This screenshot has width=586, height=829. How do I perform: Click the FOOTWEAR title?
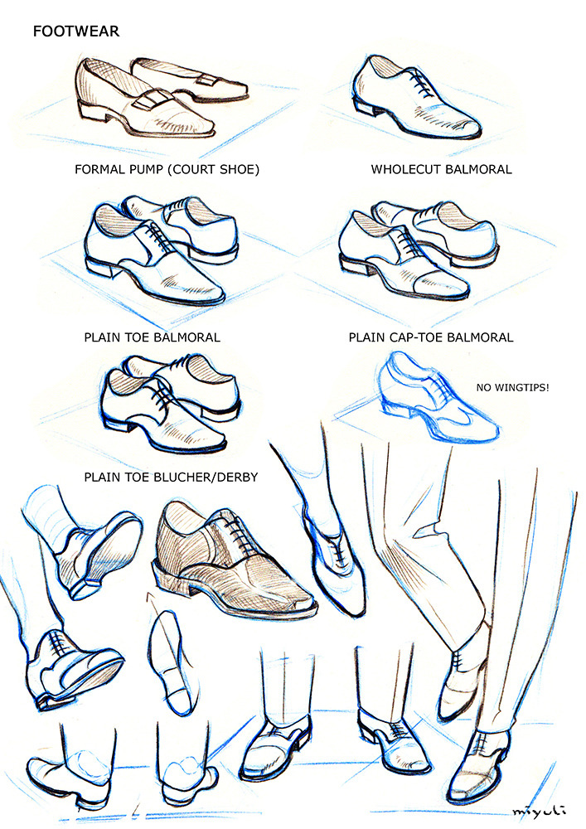pyautogui.click(x=76, y=32)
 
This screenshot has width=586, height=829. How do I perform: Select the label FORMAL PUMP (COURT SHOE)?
pyautogui.click(x=167, y=170)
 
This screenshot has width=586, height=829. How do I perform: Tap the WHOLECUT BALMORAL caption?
pyautogui.click(x=441, y=170)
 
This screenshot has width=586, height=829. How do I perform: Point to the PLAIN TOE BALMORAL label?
pyautogui.click(x=153, y=337)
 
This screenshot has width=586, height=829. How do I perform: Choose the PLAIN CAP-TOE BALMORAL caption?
pyautogui.click(x=431, y=337)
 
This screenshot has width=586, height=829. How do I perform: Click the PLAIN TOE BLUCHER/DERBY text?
pyautogui.click(x=171, y=478)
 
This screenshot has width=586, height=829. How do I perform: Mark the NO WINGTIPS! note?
pyautogui.click(x=512, y=387)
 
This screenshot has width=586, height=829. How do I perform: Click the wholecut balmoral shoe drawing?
pyautogui.click(x=415, y=98)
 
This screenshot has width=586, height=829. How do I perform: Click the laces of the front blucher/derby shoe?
pyautogui.click(x=161, y=396)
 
